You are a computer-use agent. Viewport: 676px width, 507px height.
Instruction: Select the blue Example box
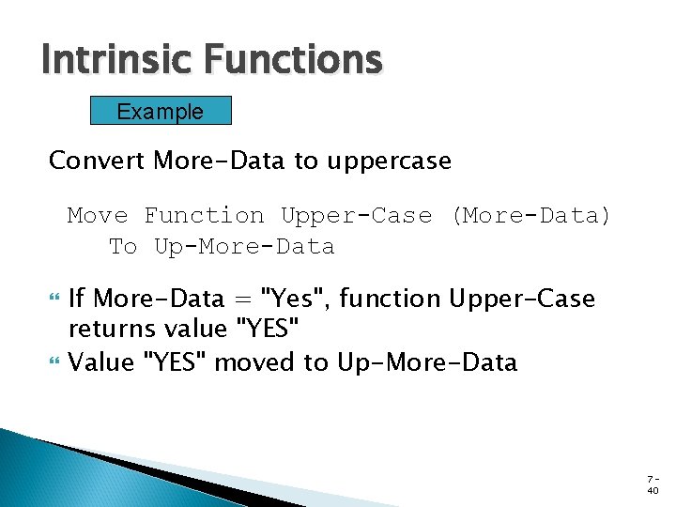(160, 112)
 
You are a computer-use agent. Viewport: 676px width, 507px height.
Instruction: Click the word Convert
(97, 161)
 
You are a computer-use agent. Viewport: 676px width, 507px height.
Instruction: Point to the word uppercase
(389, 161)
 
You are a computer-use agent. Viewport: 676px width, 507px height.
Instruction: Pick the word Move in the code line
(97, 216)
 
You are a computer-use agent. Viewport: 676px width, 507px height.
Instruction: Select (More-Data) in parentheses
(530, 216)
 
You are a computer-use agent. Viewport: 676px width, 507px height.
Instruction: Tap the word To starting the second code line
(123, 247)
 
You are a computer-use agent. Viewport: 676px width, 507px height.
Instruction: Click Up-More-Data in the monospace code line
(243, 247)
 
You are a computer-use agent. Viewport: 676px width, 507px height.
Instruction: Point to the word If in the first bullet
(77, 299)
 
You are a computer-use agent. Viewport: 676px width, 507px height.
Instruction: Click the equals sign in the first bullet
(246, 300)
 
